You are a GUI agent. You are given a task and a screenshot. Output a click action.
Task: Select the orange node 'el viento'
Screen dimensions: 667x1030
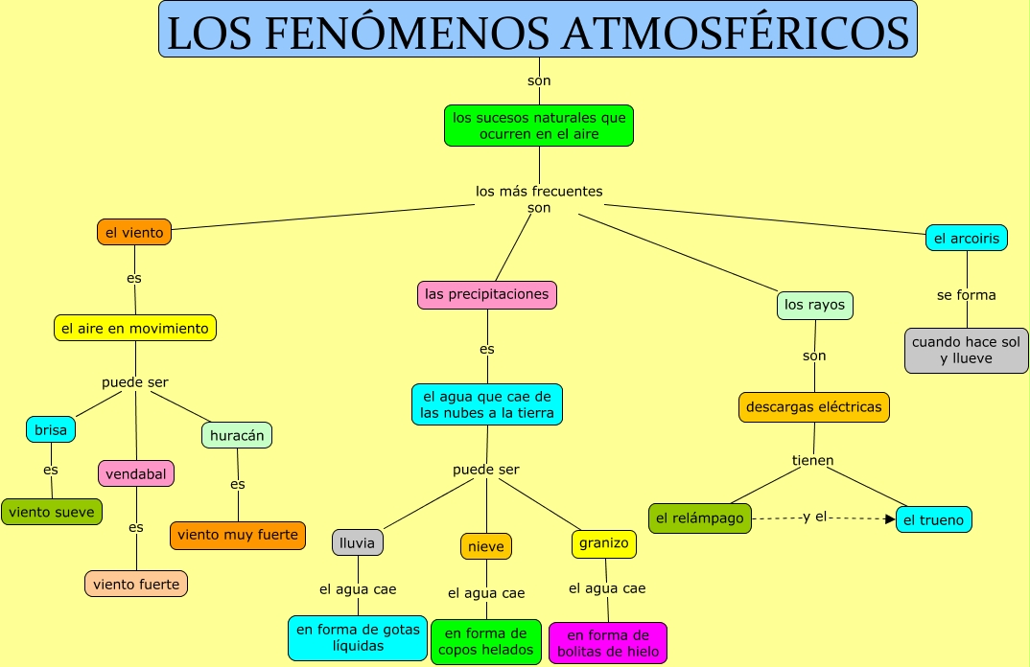coord(133,232)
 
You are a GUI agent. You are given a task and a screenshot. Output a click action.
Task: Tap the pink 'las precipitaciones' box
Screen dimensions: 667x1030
coord(487,294)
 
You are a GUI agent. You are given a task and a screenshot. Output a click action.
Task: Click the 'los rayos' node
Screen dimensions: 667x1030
coord(814,306)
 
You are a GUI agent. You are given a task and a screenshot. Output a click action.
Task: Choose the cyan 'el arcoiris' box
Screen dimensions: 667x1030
coord(966,238)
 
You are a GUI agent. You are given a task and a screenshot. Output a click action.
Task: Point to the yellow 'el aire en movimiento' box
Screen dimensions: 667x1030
coord(134,328)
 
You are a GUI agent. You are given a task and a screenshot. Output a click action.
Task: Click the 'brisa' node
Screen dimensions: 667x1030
coord(51,430)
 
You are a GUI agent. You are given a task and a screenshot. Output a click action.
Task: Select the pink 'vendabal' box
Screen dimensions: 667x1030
coord(136,473)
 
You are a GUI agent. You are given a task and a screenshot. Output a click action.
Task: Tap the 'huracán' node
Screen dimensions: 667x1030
coord(237,435)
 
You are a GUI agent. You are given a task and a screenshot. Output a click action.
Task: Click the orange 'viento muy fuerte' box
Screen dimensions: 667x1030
coord(238,535)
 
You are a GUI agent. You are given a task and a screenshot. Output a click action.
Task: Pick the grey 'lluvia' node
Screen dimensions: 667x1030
coord(358,542)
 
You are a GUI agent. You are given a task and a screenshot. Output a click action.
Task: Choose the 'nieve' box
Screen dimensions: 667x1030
coord(485,546)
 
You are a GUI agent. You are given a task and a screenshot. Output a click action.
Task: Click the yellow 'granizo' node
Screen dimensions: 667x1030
coord(604,543)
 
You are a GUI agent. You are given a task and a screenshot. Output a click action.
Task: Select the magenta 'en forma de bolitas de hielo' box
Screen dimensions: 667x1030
coord(608,643)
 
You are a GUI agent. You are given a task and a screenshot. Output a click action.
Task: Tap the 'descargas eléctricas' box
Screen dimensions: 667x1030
coord(813,407)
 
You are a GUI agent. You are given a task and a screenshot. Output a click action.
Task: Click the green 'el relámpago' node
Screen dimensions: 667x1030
coord(699,518)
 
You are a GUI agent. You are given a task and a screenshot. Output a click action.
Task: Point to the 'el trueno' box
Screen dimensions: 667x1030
coord(934,520)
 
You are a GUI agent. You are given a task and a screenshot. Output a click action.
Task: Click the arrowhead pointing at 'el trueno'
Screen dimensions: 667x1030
coord(889,518)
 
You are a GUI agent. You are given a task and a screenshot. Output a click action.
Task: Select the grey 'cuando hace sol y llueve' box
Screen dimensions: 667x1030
coord(966,350)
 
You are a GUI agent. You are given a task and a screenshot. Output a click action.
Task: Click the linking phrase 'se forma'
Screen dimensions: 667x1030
coord(966,295)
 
